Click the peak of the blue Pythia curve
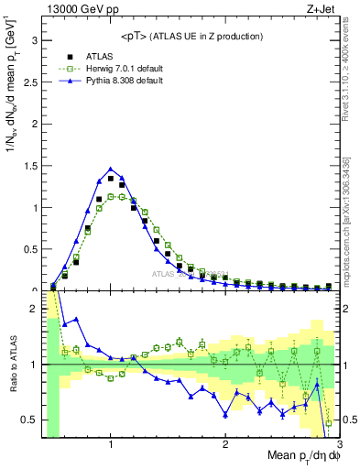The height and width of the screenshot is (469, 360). [x=111, y=169]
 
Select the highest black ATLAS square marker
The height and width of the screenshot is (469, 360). [x=111, y=179]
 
